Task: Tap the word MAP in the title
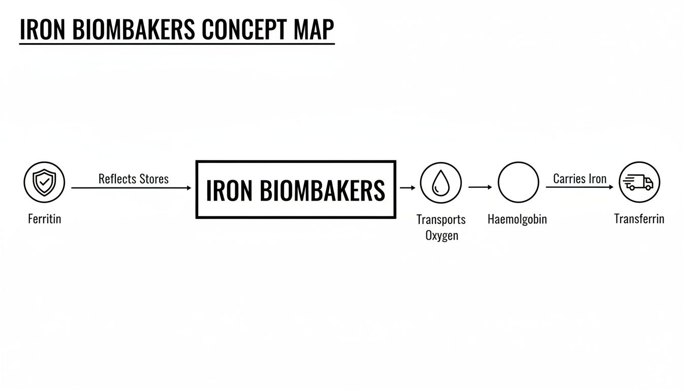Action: click(314, 30)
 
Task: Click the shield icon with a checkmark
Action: click(44, 182)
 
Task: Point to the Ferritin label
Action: click(44, 219)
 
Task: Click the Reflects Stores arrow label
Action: click(133, 179)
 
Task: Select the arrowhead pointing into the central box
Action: click(189, 188)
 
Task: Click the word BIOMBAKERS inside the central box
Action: click(322, 190)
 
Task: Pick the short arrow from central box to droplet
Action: click(408, 188)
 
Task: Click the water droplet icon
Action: click(441, 183)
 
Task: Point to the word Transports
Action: click(441, 219)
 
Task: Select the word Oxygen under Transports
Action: click(442, 236)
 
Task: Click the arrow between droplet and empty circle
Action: click(480, 187)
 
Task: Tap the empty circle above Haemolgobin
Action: click(518, 182)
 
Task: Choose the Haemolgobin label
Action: click(517, 219)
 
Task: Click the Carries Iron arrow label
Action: click(579, 179)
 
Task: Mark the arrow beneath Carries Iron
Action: click(579, 187)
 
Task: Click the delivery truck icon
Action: click(639, 182)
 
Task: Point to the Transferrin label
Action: click(639, 219)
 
